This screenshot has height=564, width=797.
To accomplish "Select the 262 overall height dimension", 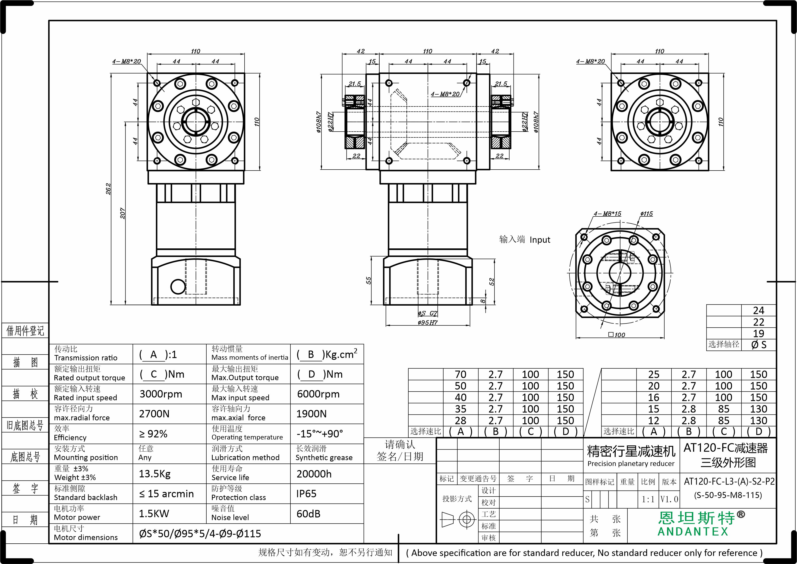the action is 108,189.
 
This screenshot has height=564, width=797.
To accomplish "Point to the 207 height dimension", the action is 123,213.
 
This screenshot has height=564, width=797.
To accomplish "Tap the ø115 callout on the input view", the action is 647,214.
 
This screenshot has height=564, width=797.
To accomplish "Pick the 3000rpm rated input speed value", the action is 161,394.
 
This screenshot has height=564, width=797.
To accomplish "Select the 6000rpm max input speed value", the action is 318,394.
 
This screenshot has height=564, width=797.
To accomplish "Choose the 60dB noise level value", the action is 308,514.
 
